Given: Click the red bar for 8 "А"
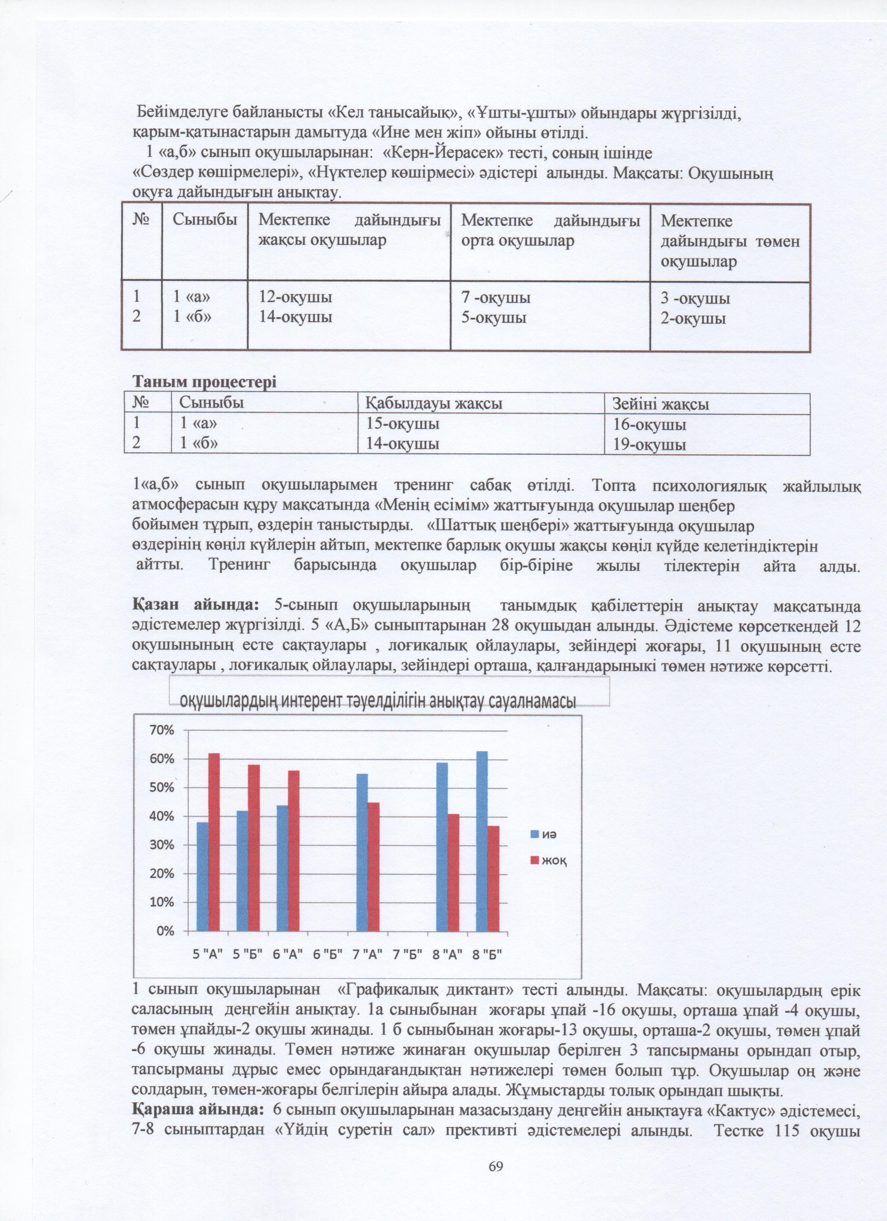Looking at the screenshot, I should [454, 872].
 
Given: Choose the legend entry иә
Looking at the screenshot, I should [544, 835].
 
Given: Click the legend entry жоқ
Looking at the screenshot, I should [548, 860].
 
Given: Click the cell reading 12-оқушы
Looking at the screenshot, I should [295, 297].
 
